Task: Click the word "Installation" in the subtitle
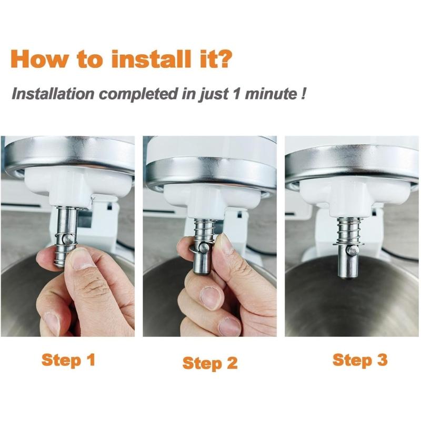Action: coord(52,95)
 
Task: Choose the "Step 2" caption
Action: coord(210,363)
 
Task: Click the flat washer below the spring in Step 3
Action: coord(348,243)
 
